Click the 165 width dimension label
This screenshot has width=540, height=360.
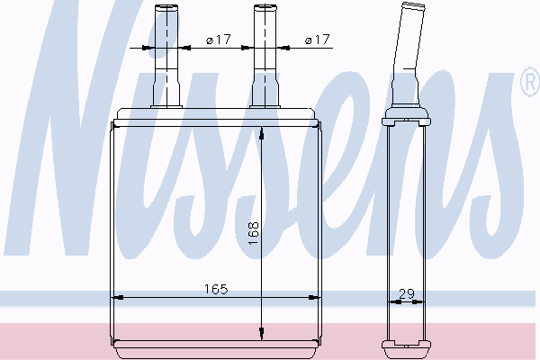click(x=216, y=289)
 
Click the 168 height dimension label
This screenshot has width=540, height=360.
click(x=254, y=234)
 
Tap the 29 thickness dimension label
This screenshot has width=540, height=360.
click(x=407, y=294)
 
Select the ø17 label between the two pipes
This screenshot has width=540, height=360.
click(x=218, y=40)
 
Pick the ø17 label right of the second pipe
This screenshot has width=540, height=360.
click(x=317, y=40)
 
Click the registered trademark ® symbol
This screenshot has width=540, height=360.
click(x=530, y=82)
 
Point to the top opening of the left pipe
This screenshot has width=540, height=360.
click(x=166, y=6)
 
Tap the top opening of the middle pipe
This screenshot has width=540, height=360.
click(x=265, y=6)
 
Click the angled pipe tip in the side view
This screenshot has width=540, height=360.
click(x=413, y=6)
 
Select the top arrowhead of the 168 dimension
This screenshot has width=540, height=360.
click(x=261, y=133)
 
